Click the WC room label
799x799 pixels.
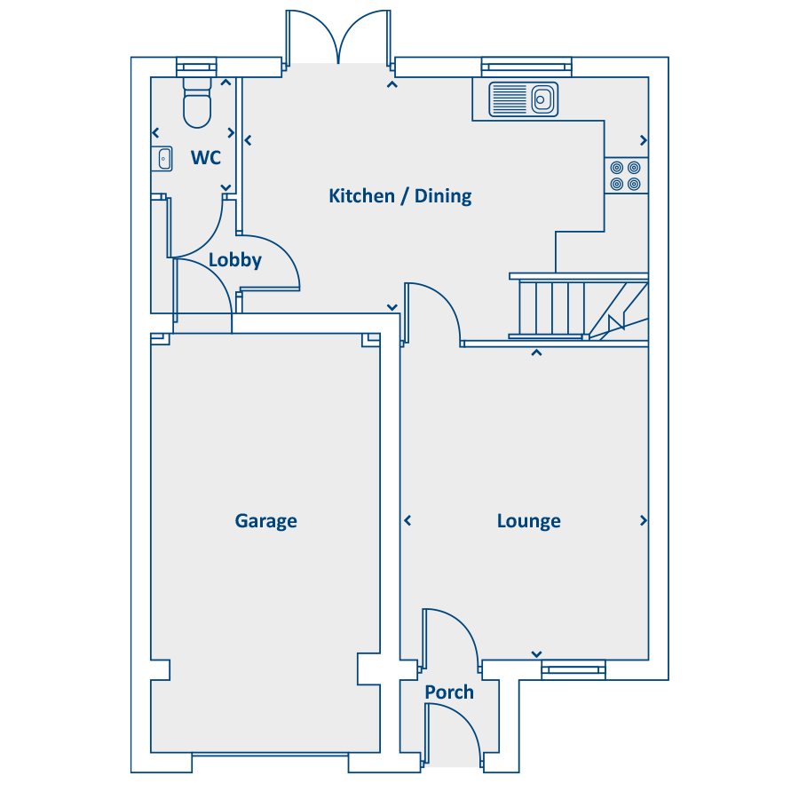(206, 157)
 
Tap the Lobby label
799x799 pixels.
(235, 260)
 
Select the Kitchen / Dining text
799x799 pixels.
(400, 195)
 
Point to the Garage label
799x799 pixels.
(266, 521)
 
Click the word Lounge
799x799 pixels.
(529, 521)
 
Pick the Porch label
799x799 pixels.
(449, 692)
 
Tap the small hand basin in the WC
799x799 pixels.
(162, 159)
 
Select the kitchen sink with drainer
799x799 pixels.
(523, 99)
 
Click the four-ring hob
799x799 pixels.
(626, 176)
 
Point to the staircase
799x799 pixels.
(579, 306)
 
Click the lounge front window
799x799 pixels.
(574, 669)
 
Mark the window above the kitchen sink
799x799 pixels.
(526, 67)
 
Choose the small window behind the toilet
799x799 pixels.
(197, 67)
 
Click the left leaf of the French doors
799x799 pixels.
(311, 30)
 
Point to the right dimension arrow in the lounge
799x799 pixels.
(643, 521)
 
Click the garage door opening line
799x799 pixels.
(270, 754)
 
